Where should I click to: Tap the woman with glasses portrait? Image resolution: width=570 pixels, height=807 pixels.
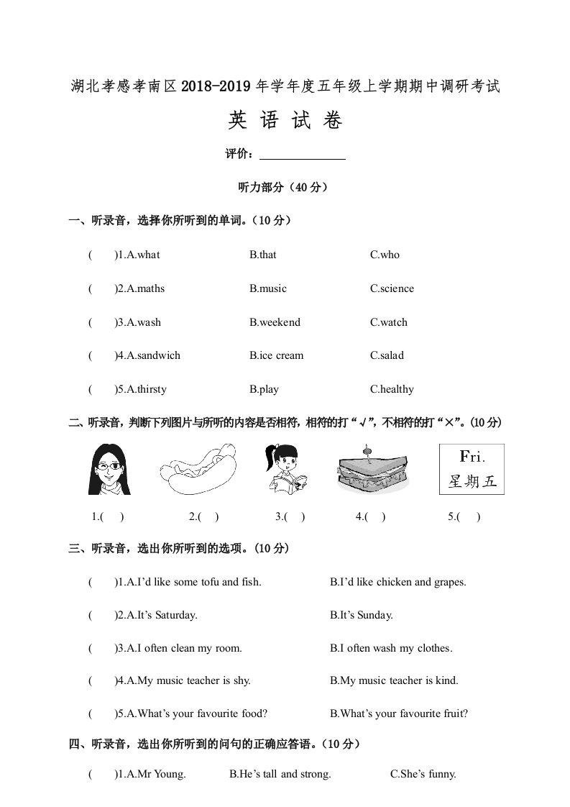click(x=109, y=469)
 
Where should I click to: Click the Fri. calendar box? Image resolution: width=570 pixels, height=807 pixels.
click(x=472, y=469)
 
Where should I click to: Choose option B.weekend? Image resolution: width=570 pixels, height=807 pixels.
click(x=275, y=322)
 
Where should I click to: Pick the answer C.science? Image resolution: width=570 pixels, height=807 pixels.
click(x=392, y=288)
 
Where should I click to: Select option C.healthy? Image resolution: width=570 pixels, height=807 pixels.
click(x=392, y=389)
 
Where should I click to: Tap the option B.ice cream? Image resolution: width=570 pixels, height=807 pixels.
click(x=276, y=355)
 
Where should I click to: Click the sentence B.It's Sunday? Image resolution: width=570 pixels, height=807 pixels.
click(x=362, y=615)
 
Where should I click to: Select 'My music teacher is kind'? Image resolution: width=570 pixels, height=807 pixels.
click(x=394, y=680)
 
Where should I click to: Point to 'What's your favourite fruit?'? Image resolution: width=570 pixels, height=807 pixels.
click(x=399, y=713)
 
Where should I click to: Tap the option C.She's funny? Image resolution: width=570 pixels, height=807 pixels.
click(x=423, y=775)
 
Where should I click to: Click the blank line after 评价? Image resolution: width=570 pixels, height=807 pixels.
click(x=302, y=154)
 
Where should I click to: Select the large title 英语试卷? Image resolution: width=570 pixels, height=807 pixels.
click(x=285, y=121)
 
